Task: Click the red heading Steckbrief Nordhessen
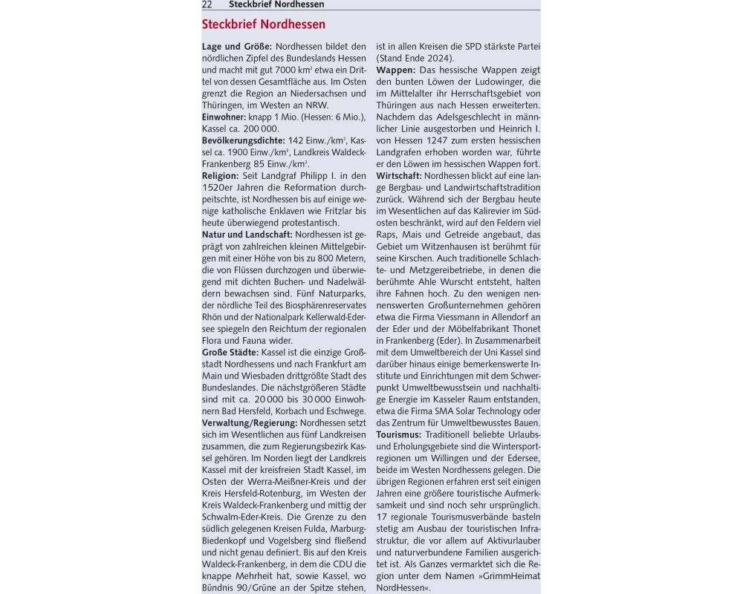pyautogui.click(x=263, y=25)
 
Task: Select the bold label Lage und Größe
pyautogui.click(x=236, y=47)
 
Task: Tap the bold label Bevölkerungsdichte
pyautogui.click(x=243, y=140)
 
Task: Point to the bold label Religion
pyautogui.click(x=220, y=175)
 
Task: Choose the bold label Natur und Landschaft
pyautogui.click(x=247, y=235)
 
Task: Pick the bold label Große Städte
pyautogui.click(x=230, y=351)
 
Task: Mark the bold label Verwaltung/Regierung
pyautogui.click(x=250, y=422)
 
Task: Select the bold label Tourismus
pyautogui.click(x=399, y=434)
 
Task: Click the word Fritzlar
pyautogui.click(x=349, y=211)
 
